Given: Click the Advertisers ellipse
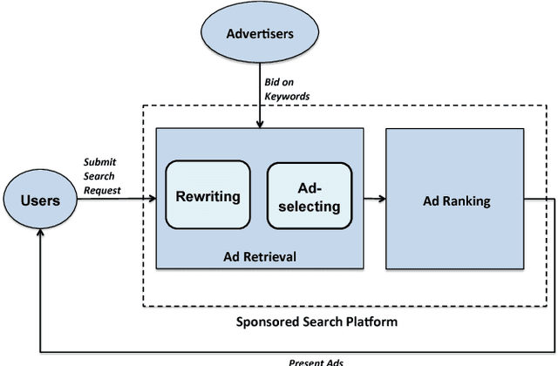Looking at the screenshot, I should pos(259,35).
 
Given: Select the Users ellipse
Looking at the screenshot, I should pos(40,200).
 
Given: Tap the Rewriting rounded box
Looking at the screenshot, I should pos(208,197).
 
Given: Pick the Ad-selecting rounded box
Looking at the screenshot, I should pos(309,197).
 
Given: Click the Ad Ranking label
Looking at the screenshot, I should pos(457,201).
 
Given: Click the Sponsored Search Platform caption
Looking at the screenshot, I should pos(317,322).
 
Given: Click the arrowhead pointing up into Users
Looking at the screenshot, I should pos(40,241).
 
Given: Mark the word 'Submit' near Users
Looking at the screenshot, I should pos(99,161).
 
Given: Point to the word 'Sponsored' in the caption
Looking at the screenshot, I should pos(268,322).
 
